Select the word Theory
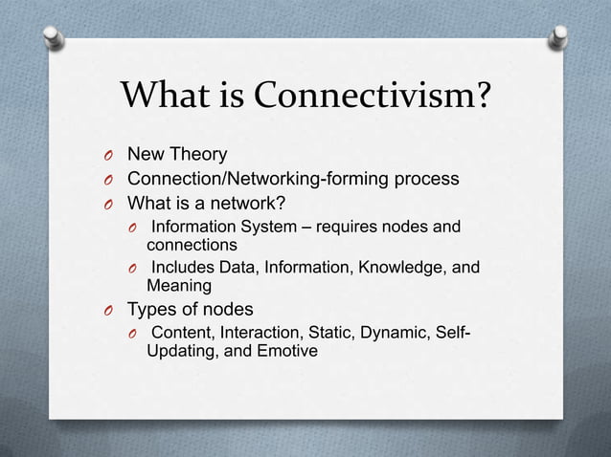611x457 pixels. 198,154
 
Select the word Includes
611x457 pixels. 185,269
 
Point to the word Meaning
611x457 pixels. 179,285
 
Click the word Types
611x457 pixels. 153,310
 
